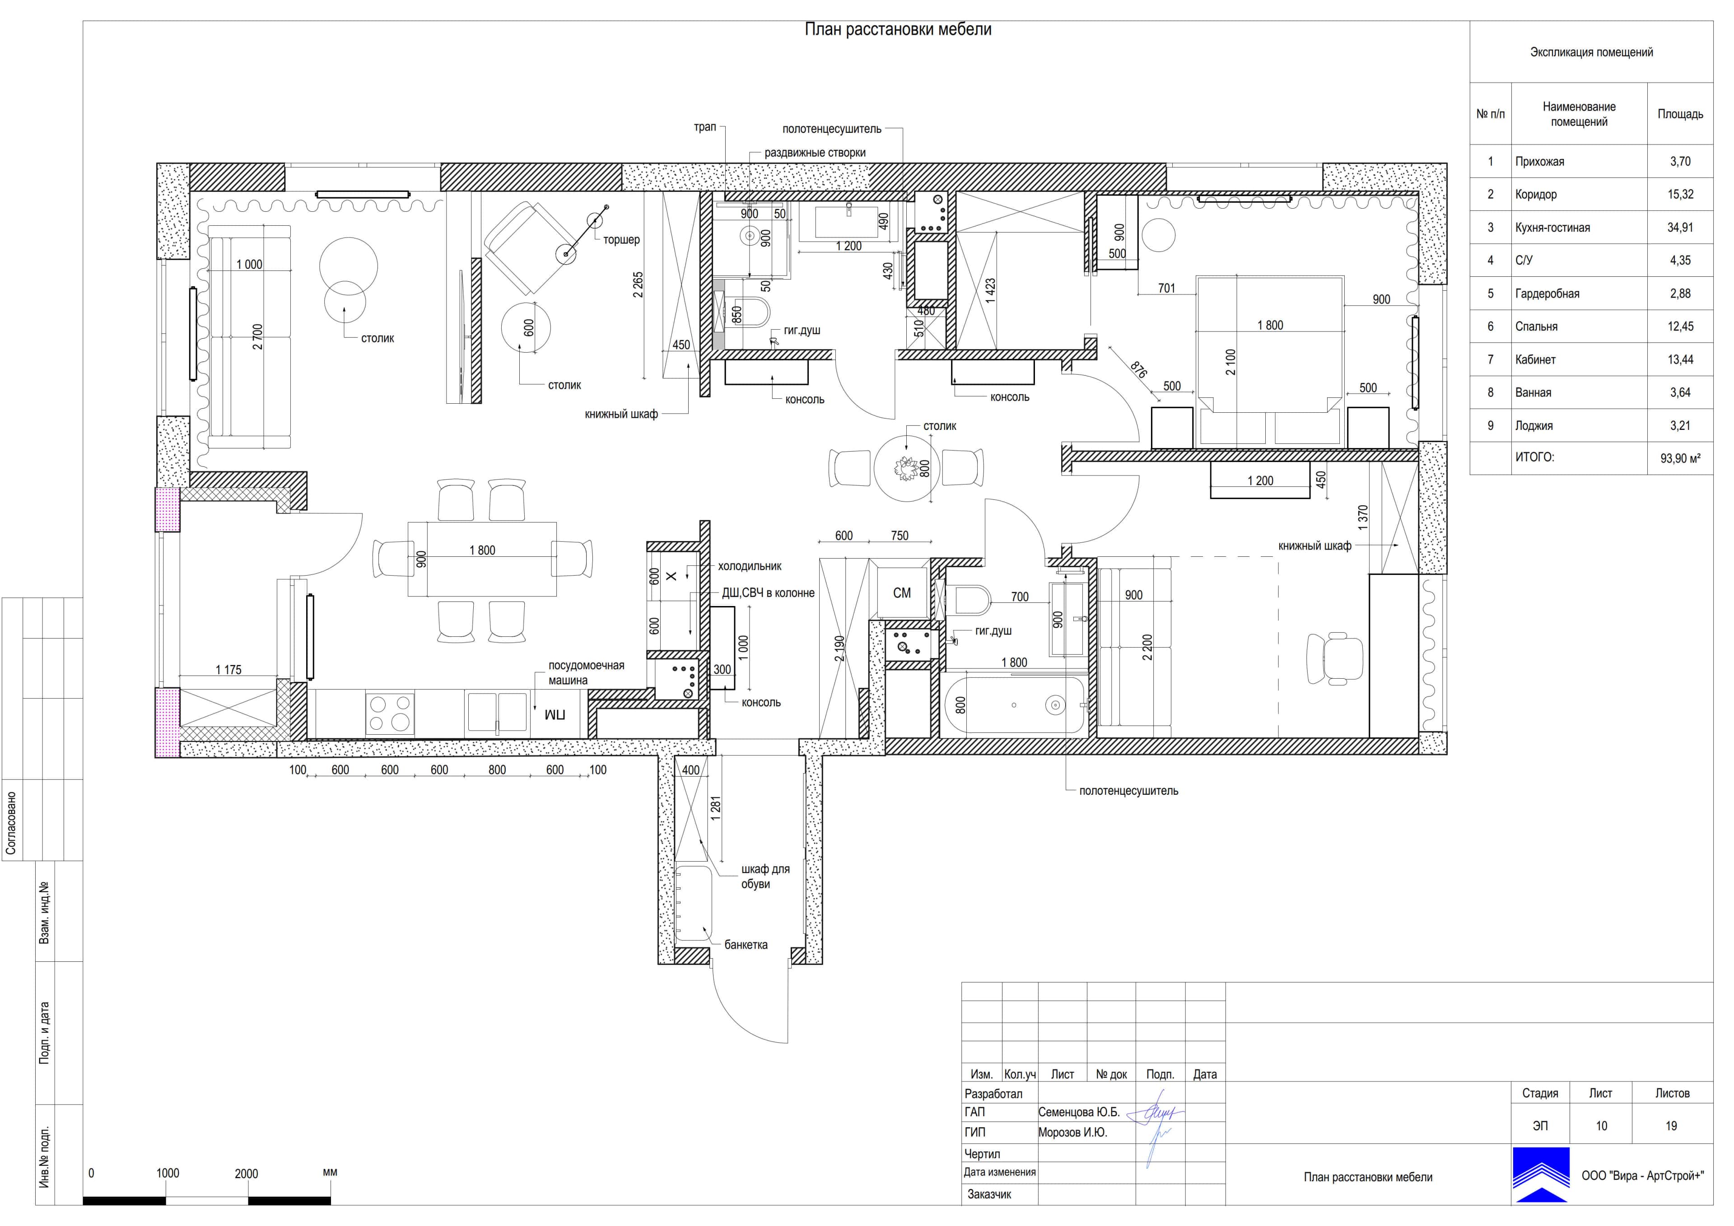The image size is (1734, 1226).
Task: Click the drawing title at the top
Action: tap(898, 29)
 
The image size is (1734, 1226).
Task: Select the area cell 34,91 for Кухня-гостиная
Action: tap(1680, 228)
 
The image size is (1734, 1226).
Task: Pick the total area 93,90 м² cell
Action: tap(1680, 458)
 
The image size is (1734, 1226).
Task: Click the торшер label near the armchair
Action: tap(621, 239)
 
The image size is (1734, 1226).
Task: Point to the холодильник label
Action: tap(749, 566)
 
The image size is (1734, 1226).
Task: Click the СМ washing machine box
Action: tap(902, 593)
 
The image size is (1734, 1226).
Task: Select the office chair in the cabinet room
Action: tap(1334, 659)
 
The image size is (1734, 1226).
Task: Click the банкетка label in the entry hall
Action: tap(746, 945)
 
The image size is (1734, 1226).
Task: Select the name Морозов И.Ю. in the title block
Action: tap(1072, 1133)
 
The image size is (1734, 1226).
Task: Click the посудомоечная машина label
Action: tap(586, 673)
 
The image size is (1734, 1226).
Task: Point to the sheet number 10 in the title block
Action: tap(1601, 1126)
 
